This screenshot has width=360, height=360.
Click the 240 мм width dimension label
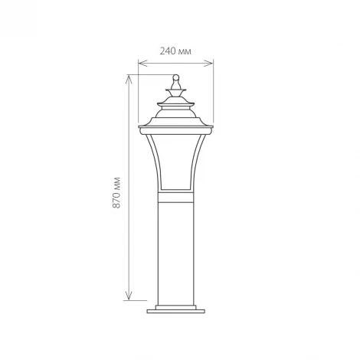[175, 51]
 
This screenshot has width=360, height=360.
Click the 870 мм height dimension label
[116, 193]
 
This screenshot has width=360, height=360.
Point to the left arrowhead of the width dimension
[140, 61]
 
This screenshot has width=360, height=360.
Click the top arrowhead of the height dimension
[128, 77]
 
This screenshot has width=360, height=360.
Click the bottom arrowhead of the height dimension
[128, 296]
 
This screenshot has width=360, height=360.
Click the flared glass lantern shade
[176, 161]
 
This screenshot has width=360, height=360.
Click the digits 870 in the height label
[116, 201]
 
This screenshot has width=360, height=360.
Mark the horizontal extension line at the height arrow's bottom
[138, 299]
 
